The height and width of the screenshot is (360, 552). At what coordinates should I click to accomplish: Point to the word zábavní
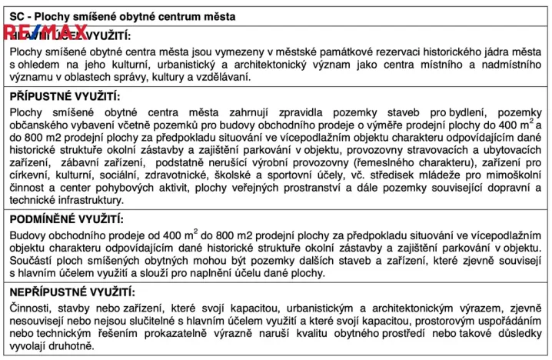pos(71,163)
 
